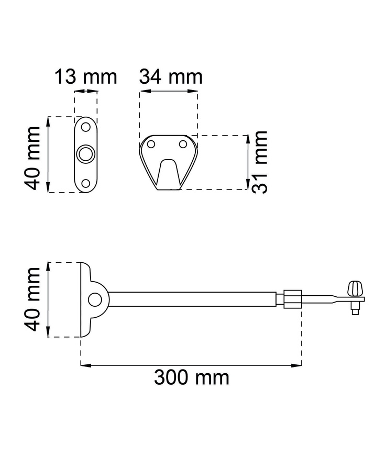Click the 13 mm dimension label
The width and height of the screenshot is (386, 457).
pos(86,77)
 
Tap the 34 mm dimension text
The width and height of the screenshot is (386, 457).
pos(171,77)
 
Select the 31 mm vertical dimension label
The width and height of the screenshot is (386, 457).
pos(259,162)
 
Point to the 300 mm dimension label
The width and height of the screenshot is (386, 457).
pos(192,377)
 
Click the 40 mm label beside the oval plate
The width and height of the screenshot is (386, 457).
pos(32,158)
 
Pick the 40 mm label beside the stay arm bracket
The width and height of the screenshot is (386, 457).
pos(32,299)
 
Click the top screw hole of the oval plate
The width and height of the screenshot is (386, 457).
pos(86,127)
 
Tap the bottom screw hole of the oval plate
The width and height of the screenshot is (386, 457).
pos(86,184)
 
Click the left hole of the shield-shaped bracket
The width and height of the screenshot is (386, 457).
pos(151,144)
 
